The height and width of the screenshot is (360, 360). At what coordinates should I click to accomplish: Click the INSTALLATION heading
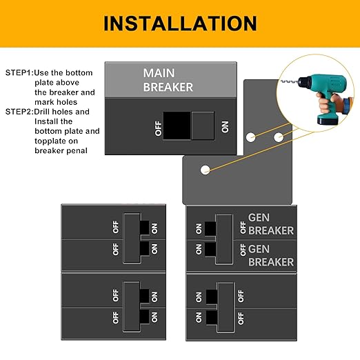point(180,23)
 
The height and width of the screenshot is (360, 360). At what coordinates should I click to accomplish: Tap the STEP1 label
point(19,72)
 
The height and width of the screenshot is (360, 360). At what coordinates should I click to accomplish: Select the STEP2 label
point(19,112)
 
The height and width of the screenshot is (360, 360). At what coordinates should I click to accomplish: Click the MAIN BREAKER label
point(168,80)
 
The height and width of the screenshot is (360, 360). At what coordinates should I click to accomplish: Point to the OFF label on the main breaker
point(158,126)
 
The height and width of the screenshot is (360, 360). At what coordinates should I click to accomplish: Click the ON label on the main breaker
point(224,126)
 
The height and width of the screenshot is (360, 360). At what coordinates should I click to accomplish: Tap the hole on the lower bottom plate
point(205,169)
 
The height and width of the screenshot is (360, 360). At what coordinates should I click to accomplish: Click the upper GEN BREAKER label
point(270,225)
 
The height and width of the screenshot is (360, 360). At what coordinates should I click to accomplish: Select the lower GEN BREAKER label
point(270,255)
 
